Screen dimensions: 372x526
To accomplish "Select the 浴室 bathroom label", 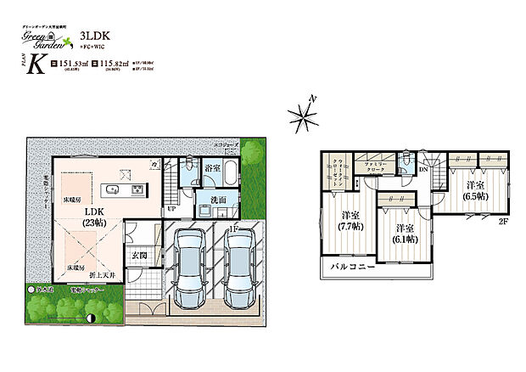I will point(213,170).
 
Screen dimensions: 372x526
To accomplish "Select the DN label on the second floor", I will point(425,169).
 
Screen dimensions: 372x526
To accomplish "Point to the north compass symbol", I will point(304,114).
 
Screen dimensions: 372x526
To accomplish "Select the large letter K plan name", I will point(37,65).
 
